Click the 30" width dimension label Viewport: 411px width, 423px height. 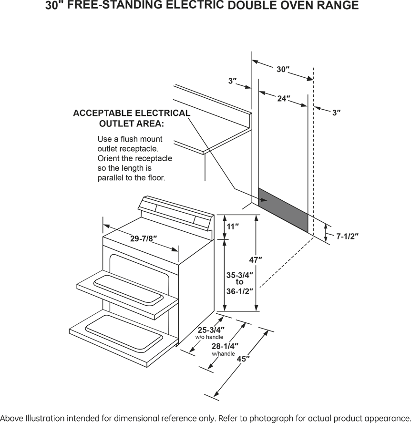click(283, 69)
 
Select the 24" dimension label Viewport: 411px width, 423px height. click(284, 98)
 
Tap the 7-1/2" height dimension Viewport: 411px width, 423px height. click(347, 236)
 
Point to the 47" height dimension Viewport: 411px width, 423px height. click(256, 260)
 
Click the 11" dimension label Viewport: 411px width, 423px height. click(232, 227)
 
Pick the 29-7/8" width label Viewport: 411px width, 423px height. click(144, 239)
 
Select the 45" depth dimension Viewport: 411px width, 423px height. click(244, 359)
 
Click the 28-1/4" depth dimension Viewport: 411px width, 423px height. click(225, 347)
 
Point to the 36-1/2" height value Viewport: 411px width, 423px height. click(239, 291)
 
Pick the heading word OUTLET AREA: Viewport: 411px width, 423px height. click(131, 124)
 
